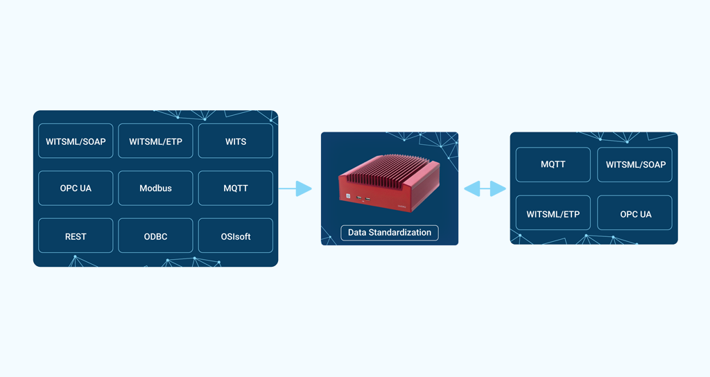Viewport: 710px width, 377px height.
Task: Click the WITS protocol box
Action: (x=236, y=141)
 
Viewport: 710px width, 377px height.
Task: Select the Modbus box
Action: (x=155, y=188)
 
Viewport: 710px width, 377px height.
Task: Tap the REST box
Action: (x=76, y=236)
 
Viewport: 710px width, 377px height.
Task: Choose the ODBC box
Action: (x=155, y=236)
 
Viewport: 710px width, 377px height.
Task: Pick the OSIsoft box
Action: (x=236, y=236)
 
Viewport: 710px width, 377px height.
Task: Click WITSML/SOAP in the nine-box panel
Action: (x=76, y=141)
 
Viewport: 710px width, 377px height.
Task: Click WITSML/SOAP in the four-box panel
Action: (x=635, y=165)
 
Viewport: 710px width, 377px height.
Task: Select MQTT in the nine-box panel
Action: (x=236, y=188)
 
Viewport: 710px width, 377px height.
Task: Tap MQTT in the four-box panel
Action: (x=553, y=165)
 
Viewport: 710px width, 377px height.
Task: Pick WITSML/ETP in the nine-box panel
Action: (x=155, y=141)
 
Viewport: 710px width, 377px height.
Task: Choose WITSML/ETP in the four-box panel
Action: (x=553, y=214)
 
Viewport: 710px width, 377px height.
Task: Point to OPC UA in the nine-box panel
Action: (x=76, y=188)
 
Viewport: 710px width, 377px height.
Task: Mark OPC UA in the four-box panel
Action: (x=635, y=214)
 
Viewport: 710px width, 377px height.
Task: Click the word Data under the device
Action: (x=357, y=233)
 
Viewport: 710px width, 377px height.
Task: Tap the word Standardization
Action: (x=400, y=233)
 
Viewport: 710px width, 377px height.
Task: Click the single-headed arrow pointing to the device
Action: (x=296, y=188)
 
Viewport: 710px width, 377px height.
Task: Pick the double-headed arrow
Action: (x=485, y=188)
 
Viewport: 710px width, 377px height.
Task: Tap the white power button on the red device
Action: (x=349, y=196)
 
